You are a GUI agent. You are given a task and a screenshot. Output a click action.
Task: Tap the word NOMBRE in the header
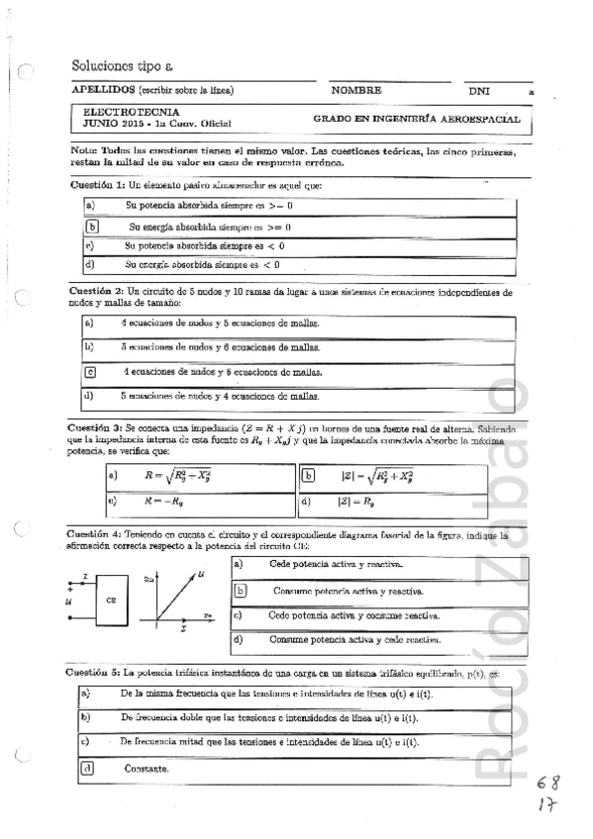click(356, 90)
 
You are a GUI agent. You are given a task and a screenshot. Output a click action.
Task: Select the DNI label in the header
click(479, 90)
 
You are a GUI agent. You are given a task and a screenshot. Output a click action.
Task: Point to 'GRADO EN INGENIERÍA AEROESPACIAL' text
click(416, 118)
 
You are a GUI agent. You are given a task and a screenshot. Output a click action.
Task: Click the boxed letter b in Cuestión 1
click(91, 227)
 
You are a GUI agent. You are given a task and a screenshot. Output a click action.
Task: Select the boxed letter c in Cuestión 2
click(90, 372)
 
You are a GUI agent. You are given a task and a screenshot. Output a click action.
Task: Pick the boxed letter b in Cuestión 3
click(308, 475)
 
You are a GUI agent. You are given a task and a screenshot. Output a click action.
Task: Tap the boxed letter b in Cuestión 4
click(239, 591)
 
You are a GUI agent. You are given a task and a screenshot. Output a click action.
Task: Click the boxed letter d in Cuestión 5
click(87, 767)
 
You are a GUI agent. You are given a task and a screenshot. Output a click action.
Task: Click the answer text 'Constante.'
click(146, 768)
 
